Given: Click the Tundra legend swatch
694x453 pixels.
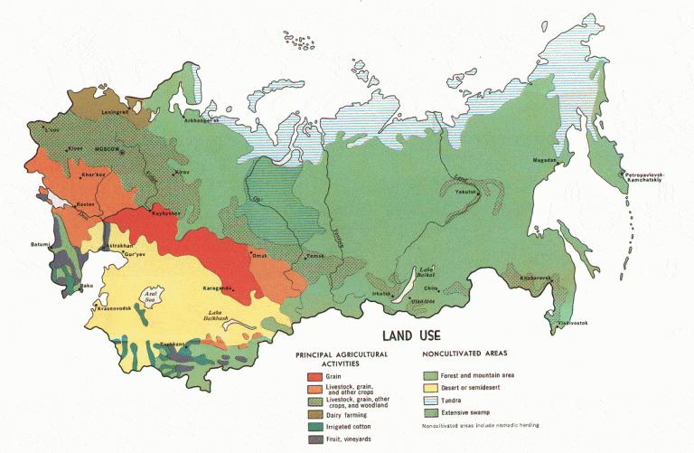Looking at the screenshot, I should pyautogui.click(x=430, y=401).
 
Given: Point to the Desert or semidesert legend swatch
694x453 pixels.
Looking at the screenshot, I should pyautogui.click(x=430, y=388).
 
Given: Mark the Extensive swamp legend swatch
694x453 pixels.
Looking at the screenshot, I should pyautogui.click(x=430, y=413).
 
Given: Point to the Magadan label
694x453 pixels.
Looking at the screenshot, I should pyautogui.click(x=545, y=160).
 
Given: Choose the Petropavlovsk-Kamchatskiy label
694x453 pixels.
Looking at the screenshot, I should pyautogui.click(x=646, y=177).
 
